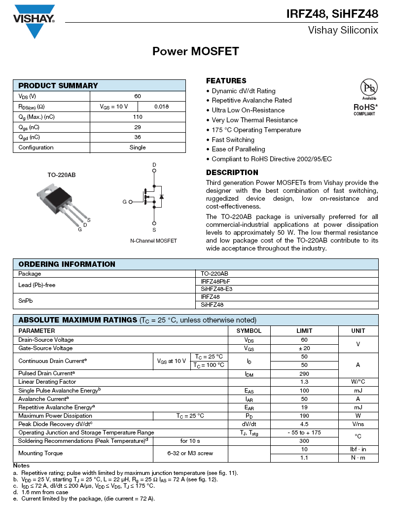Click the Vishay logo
[x=34, y=21]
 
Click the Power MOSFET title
[x=196, y=51]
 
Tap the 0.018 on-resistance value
[x=161, y=107]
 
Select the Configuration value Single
[x=138, y=147]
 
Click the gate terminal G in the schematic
[x=124, y=202]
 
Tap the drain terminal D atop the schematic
[x=154, y=165]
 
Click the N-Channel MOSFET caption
[x=153, y=241]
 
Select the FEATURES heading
[x=226, y=81]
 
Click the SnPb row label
[x=27, y=300]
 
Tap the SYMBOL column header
[x=249, y=331]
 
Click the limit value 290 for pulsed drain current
[x=304, y=373]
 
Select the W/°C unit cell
[x=358, y=382]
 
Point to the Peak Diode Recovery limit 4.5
[x=304, y=424]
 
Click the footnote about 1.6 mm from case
[x=44, y=492]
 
